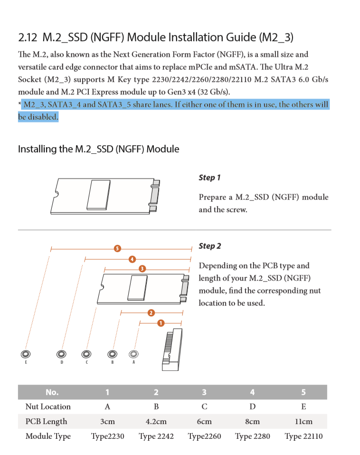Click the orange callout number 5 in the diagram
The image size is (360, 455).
click(117, 248)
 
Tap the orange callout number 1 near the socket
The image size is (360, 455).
click(161, 323)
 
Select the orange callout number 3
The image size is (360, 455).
click(142, 269)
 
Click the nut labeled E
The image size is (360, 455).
click(26, 354)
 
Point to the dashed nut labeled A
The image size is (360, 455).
click(133, 354)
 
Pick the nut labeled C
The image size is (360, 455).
click(86, 354)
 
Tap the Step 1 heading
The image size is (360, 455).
click(209, 178)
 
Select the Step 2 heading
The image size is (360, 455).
click(209, 246)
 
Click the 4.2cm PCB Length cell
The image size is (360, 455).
click(156, 421)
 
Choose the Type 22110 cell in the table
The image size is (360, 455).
click(303, 436)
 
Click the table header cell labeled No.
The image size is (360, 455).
click(52, 392)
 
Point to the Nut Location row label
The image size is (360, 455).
click(48, 407)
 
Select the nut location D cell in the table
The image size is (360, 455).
click(252, 407)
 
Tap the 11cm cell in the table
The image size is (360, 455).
click(303, 421)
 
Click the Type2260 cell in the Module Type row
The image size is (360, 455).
click(204, 436)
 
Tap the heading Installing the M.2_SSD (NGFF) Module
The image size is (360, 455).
click(98, 149)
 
